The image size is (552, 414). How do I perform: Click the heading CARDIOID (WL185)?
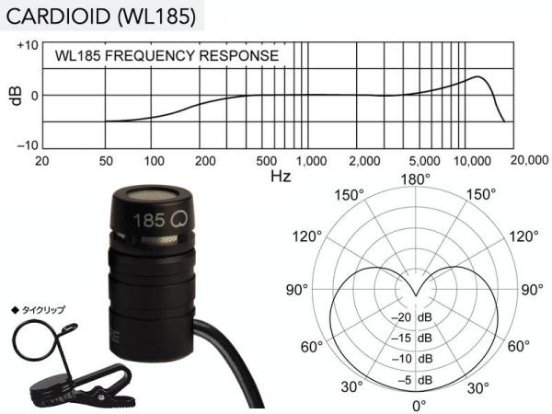pyautogui.click(x=101, y=17)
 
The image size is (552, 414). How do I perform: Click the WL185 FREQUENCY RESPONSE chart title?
pyautogui.click(x=167, y=55)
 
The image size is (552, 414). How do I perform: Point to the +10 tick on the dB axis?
pyautogui.click(x=28, y=45)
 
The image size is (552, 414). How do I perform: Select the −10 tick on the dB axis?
pyautogui.click(x=28, y=145)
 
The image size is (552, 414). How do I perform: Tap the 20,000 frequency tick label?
pyautogui.click(x=529, y=160)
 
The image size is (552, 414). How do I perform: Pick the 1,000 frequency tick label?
pyautogui.click(x=311, y=161)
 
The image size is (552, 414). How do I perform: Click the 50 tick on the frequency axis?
pyautogui.click(x=106, y=161)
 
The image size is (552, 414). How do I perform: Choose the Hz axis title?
pyautogui.click(x=281, y=176)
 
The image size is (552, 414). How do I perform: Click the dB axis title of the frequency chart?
pyautogui.click(x=17, y=96)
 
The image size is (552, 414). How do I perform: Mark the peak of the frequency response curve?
pyautogui.click(x=477, y=76)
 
